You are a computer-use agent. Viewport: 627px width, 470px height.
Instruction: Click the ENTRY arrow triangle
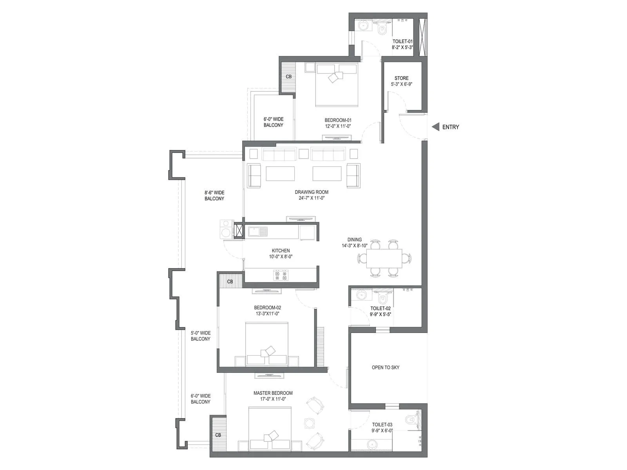435,127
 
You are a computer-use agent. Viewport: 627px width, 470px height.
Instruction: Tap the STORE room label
401,78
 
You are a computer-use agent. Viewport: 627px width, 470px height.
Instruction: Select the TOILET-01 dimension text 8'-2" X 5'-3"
402,47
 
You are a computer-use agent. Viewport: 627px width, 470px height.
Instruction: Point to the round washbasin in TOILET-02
361,295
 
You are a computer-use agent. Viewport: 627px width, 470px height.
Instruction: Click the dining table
384,258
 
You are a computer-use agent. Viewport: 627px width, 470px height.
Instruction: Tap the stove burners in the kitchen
280,275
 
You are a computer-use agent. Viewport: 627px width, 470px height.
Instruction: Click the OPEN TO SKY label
386,367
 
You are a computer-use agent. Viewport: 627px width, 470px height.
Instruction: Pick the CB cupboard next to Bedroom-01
288,77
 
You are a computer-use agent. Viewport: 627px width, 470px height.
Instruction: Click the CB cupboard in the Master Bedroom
218,435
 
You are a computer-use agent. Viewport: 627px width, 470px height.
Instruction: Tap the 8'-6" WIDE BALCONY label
214,195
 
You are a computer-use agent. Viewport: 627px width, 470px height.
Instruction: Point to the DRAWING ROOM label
312,192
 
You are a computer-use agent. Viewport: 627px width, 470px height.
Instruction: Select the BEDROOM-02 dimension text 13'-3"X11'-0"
267,314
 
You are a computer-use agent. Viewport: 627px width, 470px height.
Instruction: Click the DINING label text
354,240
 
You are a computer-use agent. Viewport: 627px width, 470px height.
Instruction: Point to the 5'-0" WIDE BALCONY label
200,336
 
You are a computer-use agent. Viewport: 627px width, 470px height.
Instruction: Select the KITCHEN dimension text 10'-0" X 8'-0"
281,257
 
